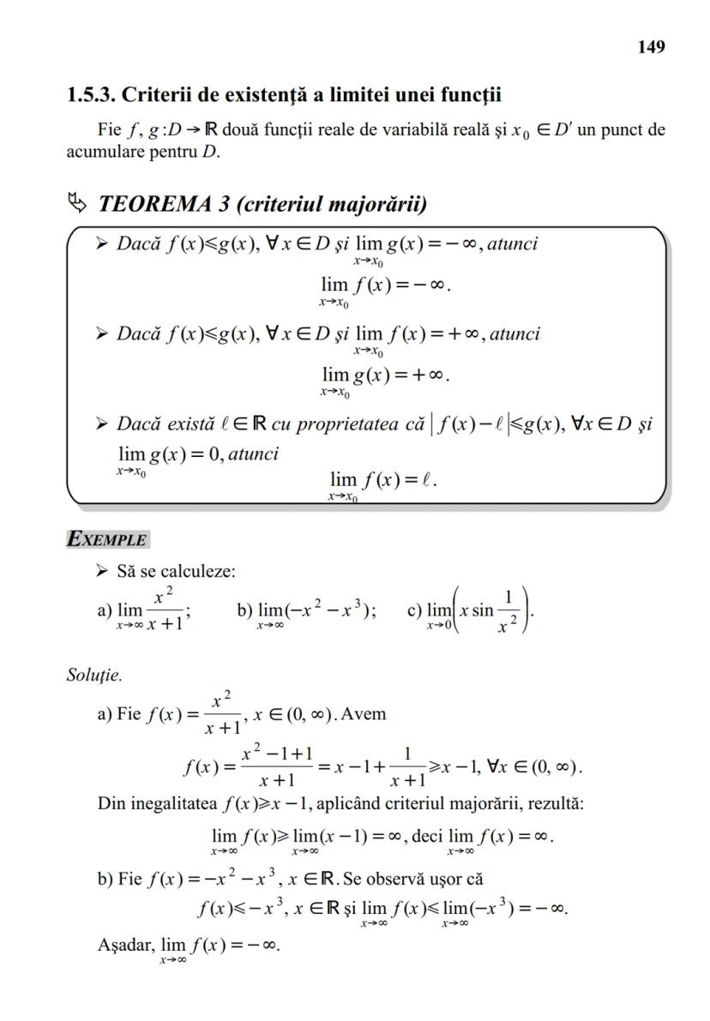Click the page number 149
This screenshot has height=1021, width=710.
[x=651, y=47]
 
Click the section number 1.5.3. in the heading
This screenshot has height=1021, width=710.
[x=91, y=94]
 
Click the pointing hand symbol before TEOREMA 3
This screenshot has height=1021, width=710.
[x=77, y=204]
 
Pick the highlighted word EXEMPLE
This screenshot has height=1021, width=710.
[x=107, y=540]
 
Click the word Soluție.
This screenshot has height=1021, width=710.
[x=94, y=675]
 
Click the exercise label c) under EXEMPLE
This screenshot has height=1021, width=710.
[x=415, y=610]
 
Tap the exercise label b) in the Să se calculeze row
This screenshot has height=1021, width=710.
[x=245, y=610]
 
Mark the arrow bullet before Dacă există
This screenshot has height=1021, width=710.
[x=102, y=423]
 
